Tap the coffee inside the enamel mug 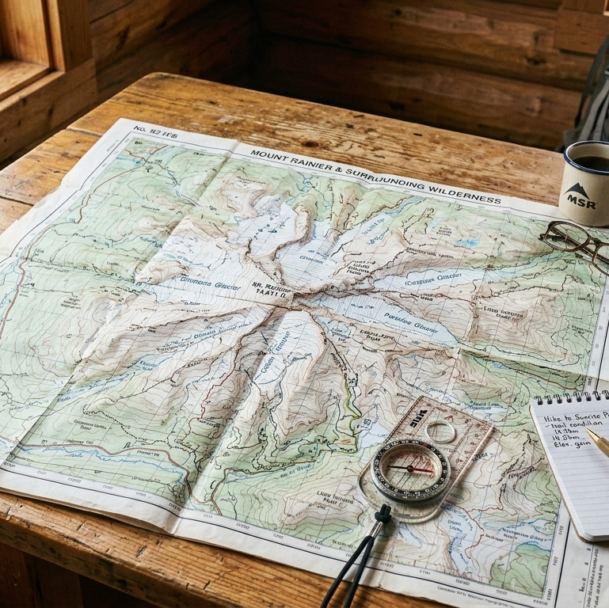[x=592, y=162]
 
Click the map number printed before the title [x=156, y=132]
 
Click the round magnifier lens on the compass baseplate [x=440, y=431]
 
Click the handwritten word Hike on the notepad [x=554, y=415]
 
